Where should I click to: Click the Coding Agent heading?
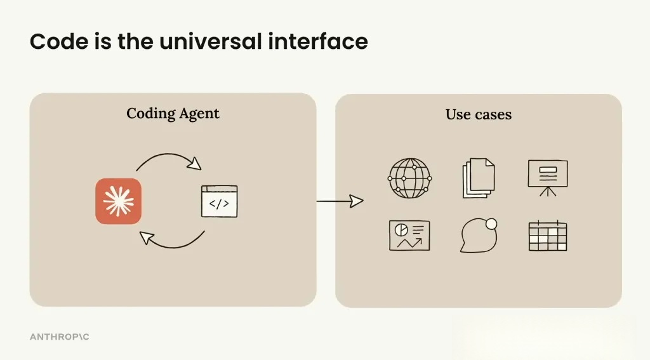pyautogui.click(x=173, y=114)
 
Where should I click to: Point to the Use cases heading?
pyautogui.click(x=478, y=114)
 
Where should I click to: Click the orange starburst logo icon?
pyautogui.click(x=119, y=201)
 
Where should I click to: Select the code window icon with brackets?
pyautogui.click(x=219, y=201)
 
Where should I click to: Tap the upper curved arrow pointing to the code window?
pyautogui.click(x=168, y=158)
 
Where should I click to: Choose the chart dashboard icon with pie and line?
pyautogui.click(x=409, y=235)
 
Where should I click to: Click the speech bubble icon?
pyautogui.click(x=477, y=236)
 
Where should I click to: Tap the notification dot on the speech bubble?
pyautogui.click(x=491, y=223)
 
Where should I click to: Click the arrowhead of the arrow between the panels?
pyautogui.click(x=357, y=201)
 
